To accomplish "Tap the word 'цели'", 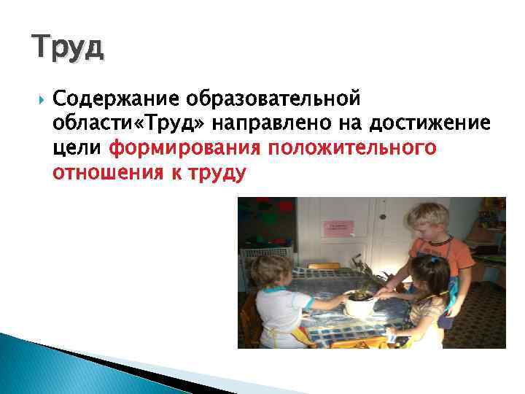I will pos(78,149).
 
